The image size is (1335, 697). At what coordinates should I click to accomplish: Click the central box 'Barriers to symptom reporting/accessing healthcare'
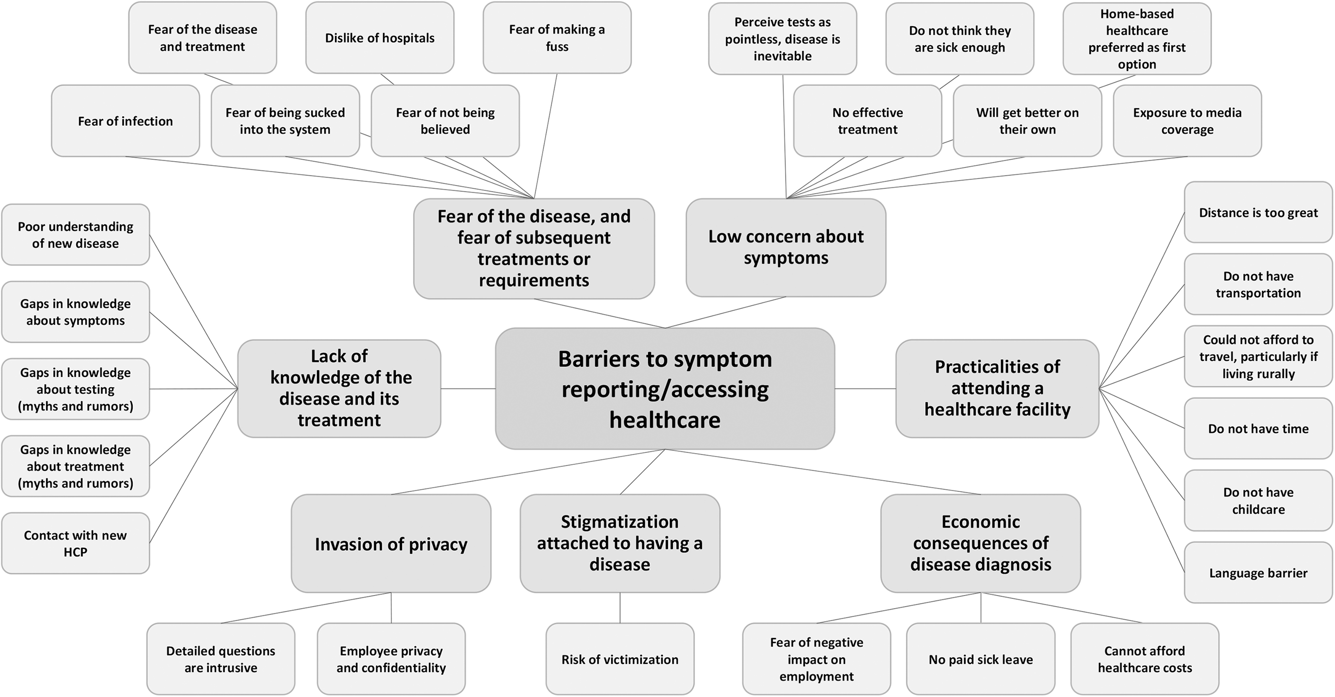coord(665,389)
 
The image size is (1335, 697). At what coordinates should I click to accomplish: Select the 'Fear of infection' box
coord(125,121)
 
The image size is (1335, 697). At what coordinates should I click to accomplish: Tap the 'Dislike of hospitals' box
coord(380,38)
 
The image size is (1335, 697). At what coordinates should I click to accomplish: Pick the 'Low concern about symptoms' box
coord(785,247)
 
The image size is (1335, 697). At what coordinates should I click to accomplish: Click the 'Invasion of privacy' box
coord(391,544)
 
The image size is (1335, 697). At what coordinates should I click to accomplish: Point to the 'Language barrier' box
coord(1258,573)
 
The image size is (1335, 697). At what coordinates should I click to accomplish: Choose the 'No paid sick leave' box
coord(981,659)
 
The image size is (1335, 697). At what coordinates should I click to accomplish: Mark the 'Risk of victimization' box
coord(620,659)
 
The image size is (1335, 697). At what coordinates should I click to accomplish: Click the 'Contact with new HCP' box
coord(76,543)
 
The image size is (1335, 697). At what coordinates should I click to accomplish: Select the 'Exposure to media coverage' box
coord(1187,121)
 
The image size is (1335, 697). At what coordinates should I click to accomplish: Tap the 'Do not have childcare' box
coord(1258,500)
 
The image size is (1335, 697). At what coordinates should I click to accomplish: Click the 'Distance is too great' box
coord(1258,212)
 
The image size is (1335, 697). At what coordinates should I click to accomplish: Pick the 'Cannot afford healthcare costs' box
coord(1145,659)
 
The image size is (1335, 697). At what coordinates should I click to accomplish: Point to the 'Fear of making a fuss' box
coord(557,38)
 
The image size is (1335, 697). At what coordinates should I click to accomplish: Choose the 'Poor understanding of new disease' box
coord(76,235)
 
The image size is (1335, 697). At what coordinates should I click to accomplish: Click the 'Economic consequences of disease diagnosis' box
coord(981,543)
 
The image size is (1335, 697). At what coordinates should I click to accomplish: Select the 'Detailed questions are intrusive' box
coord(221,659)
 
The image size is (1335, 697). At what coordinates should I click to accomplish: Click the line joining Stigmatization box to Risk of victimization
coord(620,608)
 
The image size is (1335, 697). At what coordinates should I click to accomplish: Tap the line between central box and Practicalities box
coord(866,389)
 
